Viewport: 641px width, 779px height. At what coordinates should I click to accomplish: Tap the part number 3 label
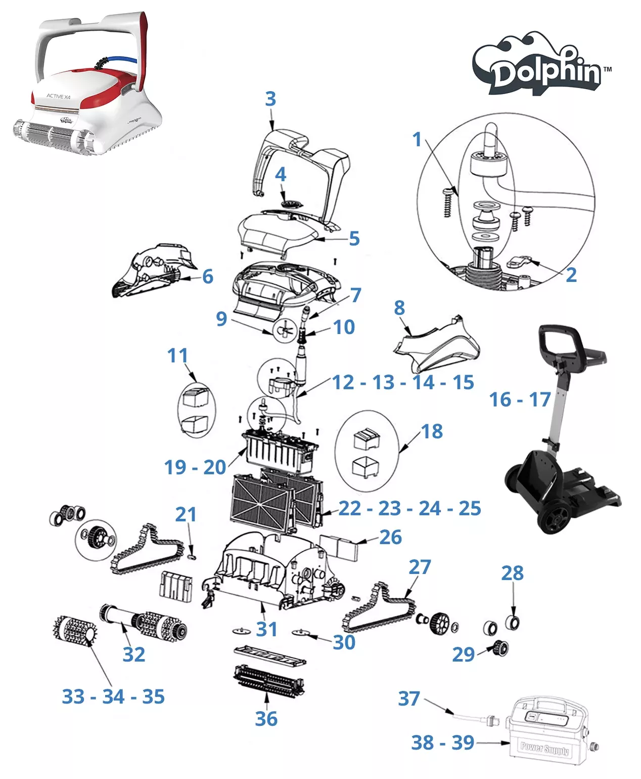(x=270, y=99)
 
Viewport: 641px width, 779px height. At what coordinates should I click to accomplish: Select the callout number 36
(x=266, y=718)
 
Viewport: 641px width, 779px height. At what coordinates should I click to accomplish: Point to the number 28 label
(x=512, y=573)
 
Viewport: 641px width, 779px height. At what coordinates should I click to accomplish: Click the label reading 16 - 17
(x=519, y=399)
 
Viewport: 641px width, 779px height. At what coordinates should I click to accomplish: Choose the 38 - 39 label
(x=442, y=743)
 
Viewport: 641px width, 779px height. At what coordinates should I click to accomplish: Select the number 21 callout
(x=186, y=514)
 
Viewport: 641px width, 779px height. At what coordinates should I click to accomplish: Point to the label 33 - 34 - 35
(x=113, y=696)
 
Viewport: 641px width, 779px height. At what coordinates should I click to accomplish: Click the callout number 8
(x=399, y=307)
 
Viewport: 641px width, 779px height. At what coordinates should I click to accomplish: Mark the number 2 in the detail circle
(x=571, y=274)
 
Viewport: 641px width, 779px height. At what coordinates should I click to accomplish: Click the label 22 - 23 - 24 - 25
(x=409, y=508)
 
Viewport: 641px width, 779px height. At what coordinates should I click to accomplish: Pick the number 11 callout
(x=177, y=355)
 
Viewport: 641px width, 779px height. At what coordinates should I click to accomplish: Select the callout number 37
(x=409, y=699)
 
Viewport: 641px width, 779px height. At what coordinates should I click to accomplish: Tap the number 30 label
(x=344, y=642)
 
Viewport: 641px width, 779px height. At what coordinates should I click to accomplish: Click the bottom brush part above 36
(x=269, y=681)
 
